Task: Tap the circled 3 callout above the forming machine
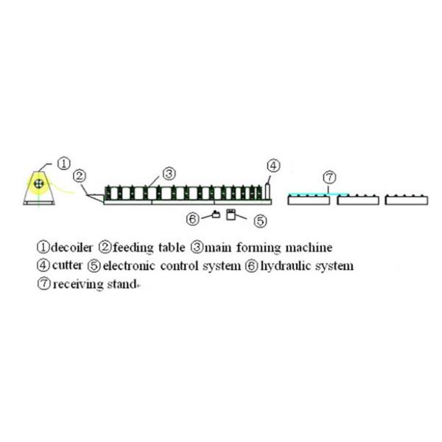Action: coord(168,174)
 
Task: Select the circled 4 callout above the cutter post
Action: coord(273,166)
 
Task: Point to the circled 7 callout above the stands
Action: coord(330,178)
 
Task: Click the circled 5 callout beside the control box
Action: coord(259,220)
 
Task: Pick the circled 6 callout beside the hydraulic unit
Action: coord(192,219)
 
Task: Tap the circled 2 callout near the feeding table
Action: coord(80,177)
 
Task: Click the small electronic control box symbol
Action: coord(231,214)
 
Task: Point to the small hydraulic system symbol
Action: coord(215,214)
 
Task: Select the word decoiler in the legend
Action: coord(72,247)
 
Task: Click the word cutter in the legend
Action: coord(69,265)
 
